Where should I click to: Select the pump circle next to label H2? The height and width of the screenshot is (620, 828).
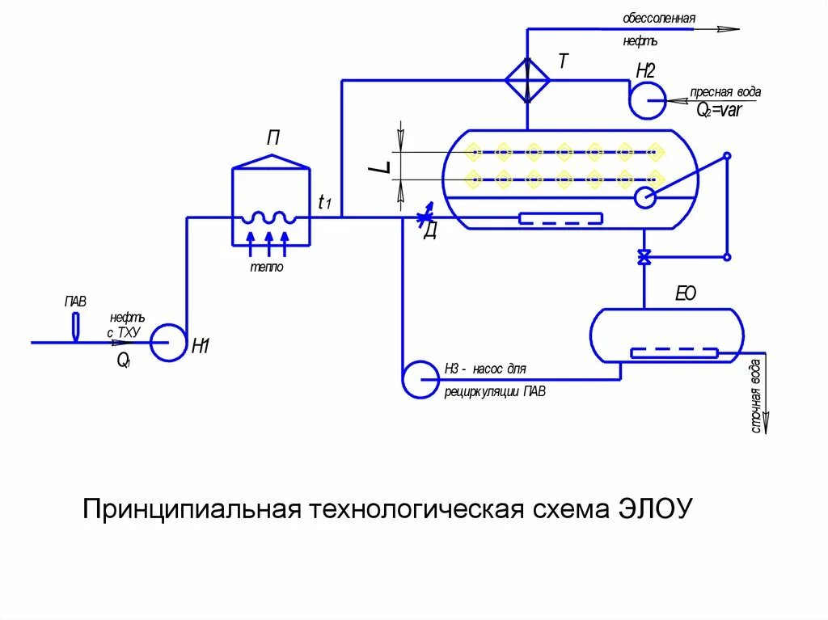[646, 101]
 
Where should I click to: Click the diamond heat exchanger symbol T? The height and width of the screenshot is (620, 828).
[527, 80]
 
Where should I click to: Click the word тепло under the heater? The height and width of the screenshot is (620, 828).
[265, 268]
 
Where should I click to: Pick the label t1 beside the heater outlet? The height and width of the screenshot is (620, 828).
[325, 203]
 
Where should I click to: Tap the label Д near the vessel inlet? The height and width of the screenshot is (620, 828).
[430, 232]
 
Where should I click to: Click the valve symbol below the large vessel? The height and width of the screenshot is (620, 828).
[644, 258]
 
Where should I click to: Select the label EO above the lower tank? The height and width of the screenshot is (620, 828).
[685, 295]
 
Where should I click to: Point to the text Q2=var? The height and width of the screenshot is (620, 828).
[719, 111]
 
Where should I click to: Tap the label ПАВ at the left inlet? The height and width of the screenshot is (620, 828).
[75, 301]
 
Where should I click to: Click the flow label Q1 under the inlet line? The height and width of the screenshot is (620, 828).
[123, 361]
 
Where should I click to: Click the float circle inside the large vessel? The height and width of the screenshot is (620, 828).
[644, 196]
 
